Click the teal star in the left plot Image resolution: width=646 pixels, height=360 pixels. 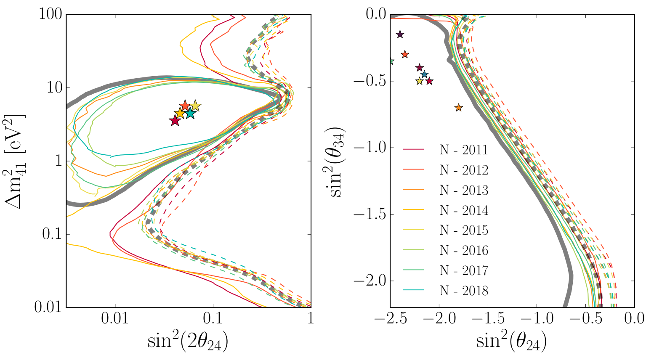coord(190,113)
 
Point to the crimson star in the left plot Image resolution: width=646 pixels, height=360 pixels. coord(175,121)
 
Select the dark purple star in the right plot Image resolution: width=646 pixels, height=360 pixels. coord(400,34)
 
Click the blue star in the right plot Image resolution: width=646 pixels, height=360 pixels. coord(424,74)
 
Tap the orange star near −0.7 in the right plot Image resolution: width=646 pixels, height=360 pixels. coord(458,108)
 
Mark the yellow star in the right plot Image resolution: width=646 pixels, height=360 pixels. coord(419,81)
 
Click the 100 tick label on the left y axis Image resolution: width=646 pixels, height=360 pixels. coord(51,14)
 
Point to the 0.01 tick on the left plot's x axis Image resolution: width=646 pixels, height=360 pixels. coord(115,319)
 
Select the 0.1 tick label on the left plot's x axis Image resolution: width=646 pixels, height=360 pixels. coord(213,319)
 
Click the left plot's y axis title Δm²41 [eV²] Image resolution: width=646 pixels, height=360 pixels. coord(15,161)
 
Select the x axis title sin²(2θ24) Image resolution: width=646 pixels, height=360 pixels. coord(188,341)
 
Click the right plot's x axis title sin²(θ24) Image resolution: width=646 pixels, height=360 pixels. coord(511,341)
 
